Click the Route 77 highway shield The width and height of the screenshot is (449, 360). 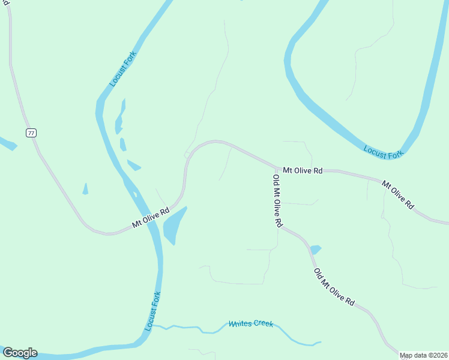(31, 133)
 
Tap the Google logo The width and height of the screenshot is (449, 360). (20, 353)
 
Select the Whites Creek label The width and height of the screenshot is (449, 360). (251, 324)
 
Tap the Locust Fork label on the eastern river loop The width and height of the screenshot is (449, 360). (384, 152)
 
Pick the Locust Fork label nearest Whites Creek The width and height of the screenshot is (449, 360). (153, 311)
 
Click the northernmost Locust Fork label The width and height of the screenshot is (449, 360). (124, 68)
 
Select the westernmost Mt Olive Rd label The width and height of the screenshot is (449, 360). (151, 218)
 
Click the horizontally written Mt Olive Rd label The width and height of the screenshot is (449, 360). (303, 170)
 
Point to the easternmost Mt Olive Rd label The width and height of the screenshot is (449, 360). (398, 194)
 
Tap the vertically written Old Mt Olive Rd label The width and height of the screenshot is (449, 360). (277, 200)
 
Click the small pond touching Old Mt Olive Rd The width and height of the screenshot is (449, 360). (316, 249)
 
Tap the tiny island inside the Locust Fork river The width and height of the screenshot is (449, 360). (135, 194)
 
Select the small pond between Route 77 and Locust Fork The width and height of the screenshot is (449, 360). (85, 189)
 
